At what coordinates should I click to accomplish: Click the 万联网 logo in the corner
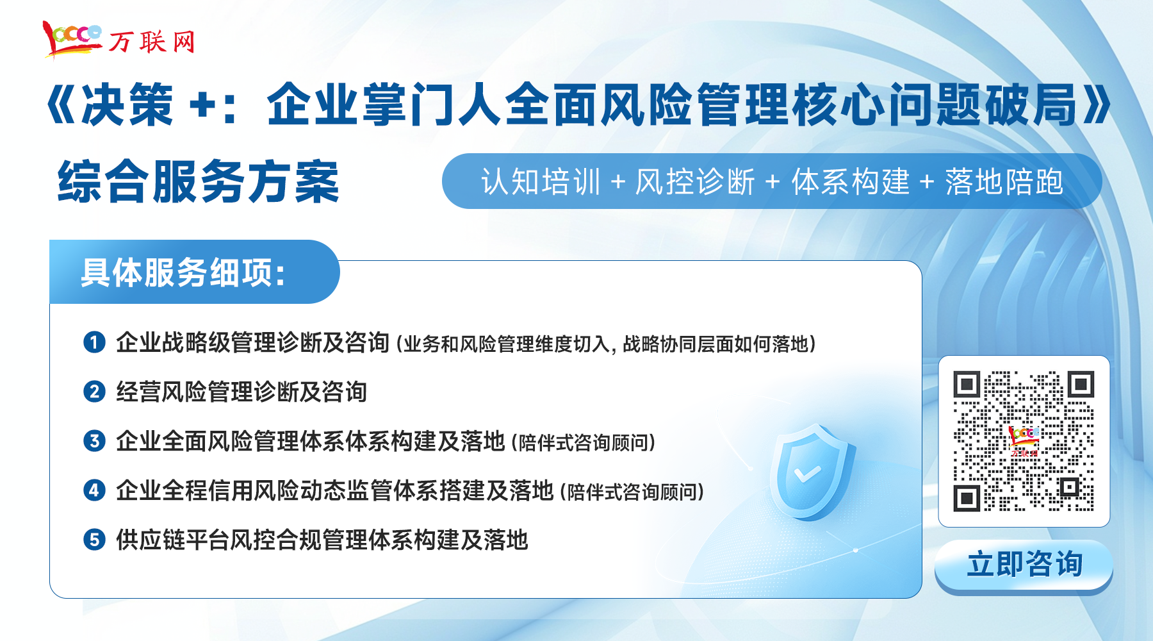[x=119, y=39]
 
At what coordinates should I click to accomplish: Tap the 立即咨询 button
[x=1024, y=566]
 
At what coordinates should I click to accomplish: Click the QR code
[x=1024, y=441]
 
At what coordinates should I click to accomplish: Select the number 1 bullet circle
[x=94, y=342]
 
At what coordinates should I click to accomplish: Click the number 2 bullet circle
[x=94, y=392]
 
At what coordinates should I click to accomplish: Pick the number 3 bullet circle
[x=94, y=441]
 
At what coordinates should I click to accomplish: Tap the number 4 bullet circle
[x=94, y=490]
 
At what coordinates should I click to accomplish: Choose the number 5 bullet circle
[x=94, y=540]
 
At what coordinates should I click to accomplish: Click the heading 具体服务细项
[x=183, y=272]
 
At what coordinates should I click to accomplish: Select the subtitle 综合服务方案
[x=198, y=182]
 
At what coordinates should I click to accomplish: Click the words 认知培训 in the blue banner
[x=541, y=181]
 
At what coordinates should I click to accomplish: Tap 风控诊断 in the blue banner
[x=695, y=181]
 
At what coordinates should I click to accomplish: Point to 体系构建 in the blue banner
[x=851, y=181]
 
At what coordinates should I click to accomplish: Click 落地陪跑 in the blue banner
[x=1004, y=181]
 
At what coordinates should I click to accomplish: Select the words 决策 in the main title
[x=127, y=104]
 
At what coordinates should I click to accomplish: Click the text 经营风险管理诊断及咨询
[x=241, y=392]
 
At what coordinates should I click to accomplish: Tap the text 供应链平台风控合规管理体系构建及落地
[x=322, y=540]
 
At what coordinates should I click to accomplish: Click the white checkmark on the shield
[x=807, y=474]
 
